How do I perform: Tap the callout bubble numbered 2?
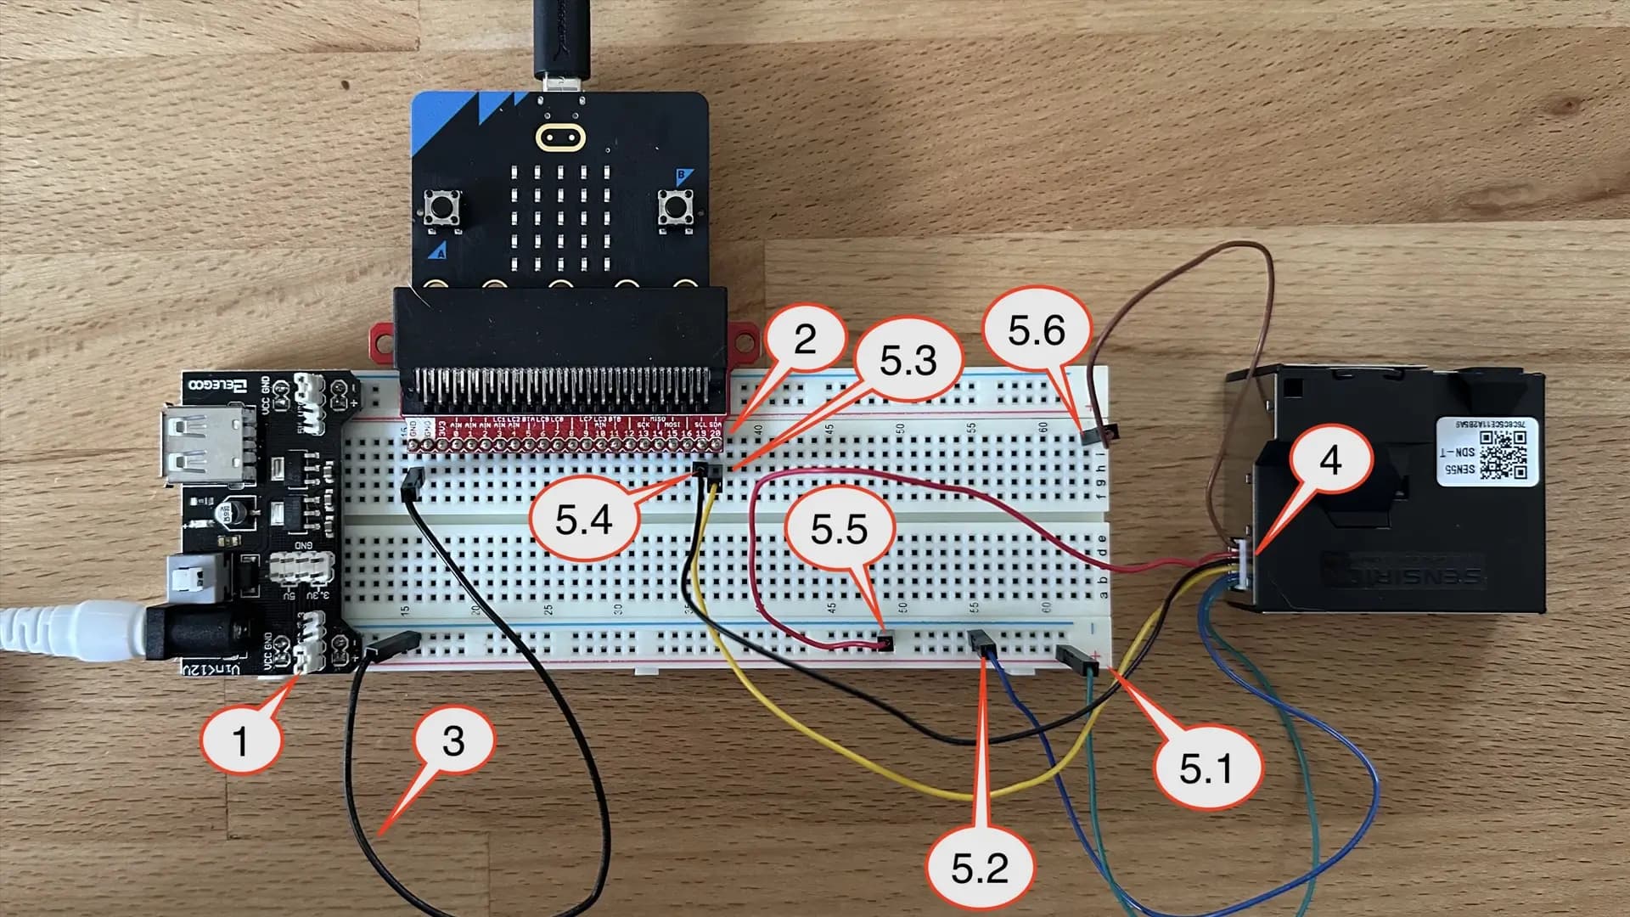pyautogui.click(x=804, y=340)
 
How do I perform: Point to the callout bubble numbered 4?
pyautogui.click(x=1330, y=459)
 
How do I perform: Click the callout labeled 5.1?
pyautogui.click(x=1206, y=768)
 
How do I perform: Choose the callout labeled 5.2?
pyautogui.click(x=980, y=867)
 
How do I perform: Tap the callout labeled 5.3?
pyautogui.click(x=908, y=361)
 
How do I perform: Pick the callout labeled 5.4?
pyautogui.click(x=583, y=520)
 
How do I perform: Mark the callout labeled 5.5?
pyautogui.click(x=839, y=529)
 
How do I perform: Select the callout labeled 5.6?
pyautogui.click(x=1036, y=329)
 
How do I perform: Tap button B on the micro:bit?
pyautogui.click(x=676, y=207)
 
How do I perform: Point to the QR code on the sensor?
pyautogui.click(x=1503, y=454)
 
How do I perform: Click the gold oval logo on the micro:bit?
pyautogui.click(x=559, y=136)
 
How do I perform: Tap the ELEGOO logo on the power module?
pyautogui.click(x=217, y=386)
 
